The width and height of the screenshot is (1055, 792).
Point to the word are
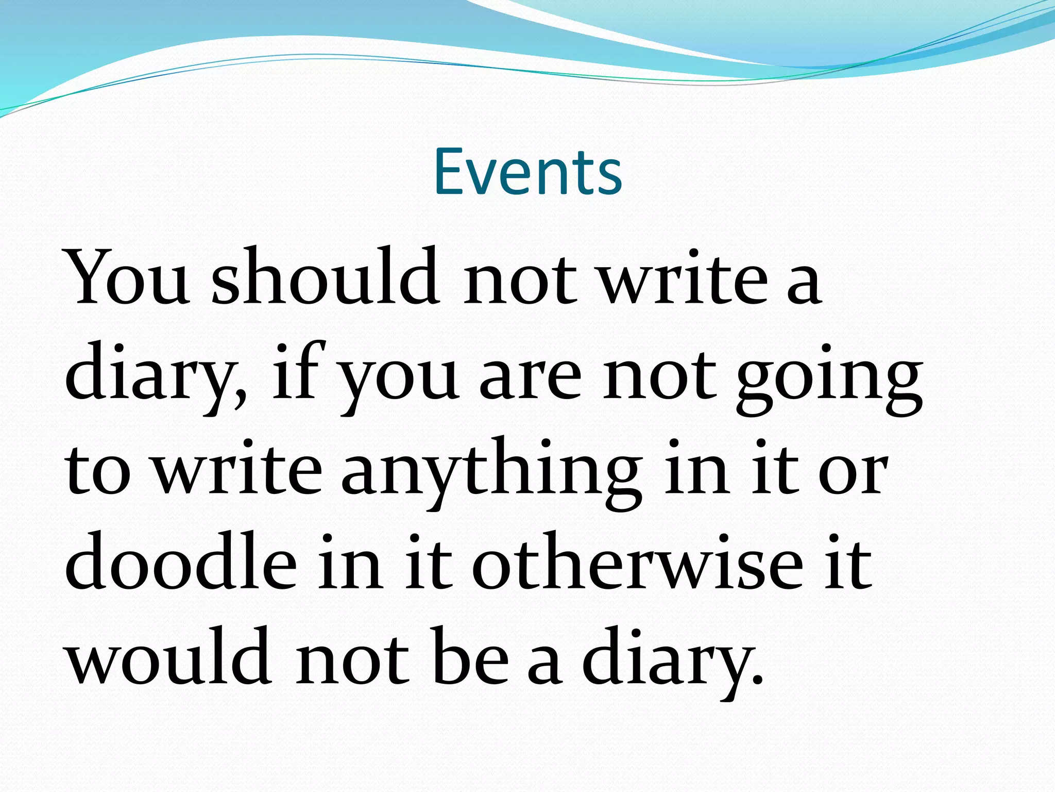click(x=531, y=379)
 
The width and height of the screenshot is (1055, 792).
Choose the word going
click(x=829, y=379)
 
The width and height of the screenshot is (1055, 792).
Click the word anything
click(x=492, y=472)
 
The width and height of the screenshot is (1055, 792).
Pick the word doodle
click(x=181, y=562)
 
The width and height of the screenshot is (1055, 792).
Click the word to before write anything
click(x=98, y=472)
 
